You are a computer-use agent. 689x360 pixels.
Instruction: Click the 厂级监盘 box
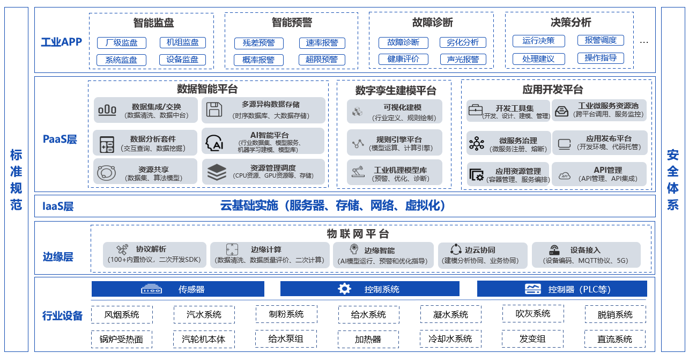coord(122,43)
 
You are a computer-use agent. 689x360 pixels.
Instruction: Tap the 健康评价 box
coord(403,59)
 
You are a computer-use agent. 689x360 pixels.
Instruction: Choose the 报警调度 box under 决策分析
coord(601,40)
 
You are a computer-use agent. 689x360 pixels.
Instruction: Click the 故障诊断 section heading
coord(432,23)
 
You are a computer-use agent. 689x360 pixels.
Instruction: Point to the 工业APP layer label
coord(62,42)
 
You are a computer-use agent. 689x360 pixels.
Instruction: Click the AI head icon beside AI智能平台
coord(214,143)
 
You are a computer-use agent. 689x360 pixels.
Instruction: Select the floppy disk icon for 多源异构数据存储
coord(214,109)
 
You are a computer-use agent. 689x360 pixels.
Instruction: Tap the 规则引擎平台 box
coord(395,143)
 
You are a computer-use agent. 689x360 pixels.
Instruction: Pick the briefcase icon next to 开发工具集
coord(476,111)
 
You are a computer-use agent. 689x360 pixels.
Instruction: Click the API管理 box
coord(599,174)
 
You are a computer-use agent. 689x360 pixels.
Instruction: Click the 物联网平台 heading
coord(358,234)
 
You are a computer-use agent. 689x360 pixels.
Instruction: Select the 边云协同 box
coord(480,255)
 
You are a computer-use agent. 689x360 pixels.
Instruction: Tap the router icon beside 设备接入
coord(554,251)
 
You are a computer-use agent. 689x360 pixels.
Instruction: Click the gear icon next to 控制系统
coord(344,289)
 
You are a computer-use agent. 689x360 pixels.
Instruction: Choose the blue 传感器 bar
coord(178,289)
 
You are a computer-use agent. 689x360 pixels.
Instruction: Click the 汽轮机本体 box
coord(204,339)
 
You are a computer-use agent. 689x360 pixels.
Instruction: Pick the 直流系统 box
coord(614,339)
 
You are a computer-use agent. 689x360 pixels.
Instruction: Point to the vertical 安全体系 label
coord(672,180)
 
